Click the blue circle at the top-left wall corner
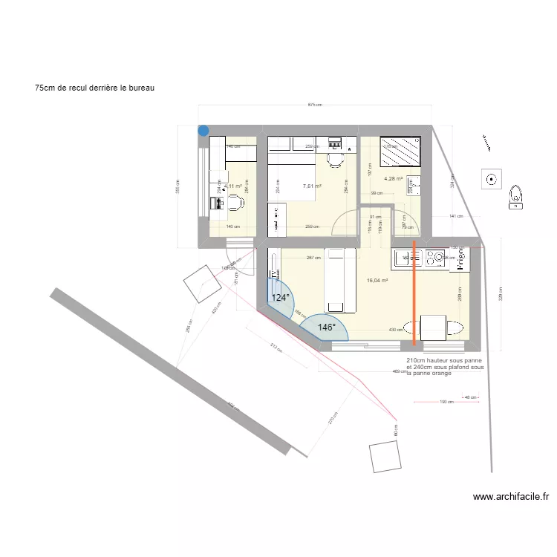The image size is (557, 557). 203,131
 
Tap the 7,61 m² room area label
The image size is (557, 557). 312,186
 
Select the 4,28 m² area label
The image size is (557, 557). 393,178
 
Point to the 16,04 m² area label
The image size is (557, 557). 377,281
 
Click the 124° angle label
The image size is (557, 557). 281,298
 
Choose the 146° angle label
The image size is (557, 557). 327,327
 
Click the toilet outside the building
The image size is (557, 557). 516,195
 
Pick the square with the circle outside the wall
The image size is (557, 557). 491,178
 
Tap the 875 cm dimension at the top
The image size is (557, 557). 315,105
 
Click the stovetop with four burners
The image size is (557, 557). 434,258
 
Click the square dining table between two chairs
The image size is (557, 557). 434,328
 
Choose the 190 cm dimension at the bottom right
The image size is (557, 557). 446,402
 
